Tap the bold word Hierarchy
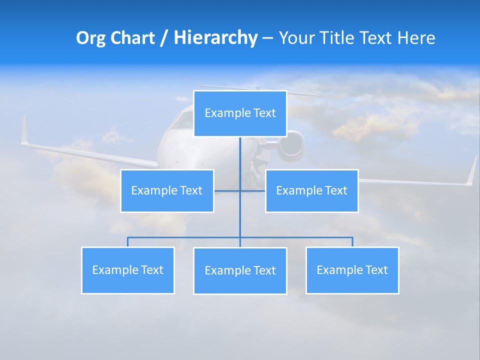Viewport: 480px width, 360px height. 215,38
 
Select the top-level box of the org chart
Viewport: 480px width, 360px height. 240,113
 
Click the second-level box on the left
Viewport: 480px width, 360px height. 167,191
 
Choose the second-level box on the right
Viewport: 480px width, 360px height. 311,191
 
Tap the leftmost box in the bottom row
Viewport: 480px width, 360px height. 127,270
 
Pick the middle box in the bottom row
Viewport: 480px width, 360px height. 240,271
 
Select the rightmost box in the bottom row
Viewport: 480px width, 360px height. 352,270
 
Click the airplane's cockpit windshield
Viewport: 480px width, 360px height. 183,120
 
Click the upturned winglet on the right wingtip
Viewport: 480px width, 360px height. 471,170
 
